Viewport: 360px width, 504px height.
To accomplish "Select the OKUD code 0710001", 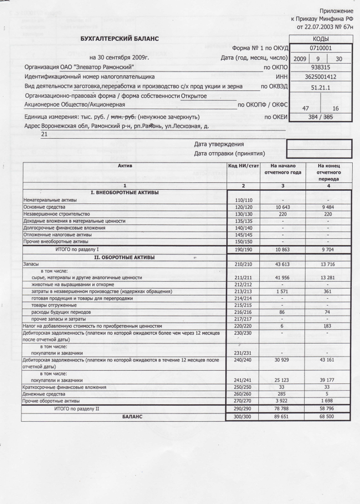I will click(x=320, y=48).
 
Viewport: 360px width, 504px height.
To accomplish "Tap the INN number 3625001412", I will click(x=320, y=76).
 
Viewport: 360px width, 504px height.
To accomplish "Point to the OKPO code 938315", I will click(x=320, y=67).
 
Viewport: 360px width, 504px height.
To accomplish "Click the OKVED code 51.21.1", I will click(x=320, y=88).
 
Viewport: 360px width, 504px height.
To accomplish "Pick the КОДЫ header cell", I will click(x=320, y=38).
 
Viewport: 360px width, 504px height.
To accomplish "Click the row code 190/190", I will click(x=243, y=249).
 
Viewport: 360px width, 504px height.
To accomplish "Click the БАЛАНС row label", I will click(x=124, y=416).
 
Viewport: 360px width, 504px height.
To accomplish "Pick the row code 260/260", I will click(x=243, y=394).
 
